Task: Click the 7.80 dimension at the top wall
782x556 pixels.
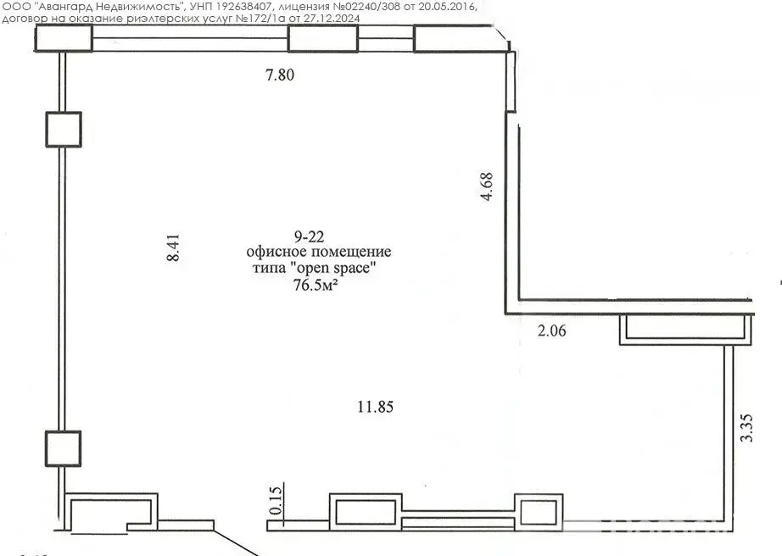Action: pos(280,75)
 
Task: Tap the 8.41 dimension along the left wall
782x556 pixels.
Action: pos(173,248)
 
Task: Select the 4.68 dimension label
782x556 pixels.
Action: pos(486,186)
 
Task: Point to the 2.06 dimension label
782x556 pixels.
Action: pos(552,331)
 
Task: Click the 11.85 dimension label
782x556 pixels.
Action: pos(376,407)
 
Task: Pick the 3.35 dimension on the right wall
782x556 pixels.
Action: pos(747,428)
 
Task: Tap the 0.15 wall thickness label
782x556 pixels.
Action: pos(276,500)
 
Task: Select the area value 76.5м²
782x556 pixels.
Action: pos(316,286)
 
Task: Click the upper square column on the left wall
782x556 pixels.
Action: pos(64,130)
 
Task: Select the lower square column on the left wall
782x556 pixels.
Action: pos(64,448)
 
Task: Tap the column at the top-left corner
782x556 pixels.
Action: pos(64,38)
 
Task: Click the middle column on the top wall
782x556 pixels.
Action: pos(323,39)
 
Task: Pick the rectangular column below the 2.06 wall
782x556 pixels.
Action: pos(686,330)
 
